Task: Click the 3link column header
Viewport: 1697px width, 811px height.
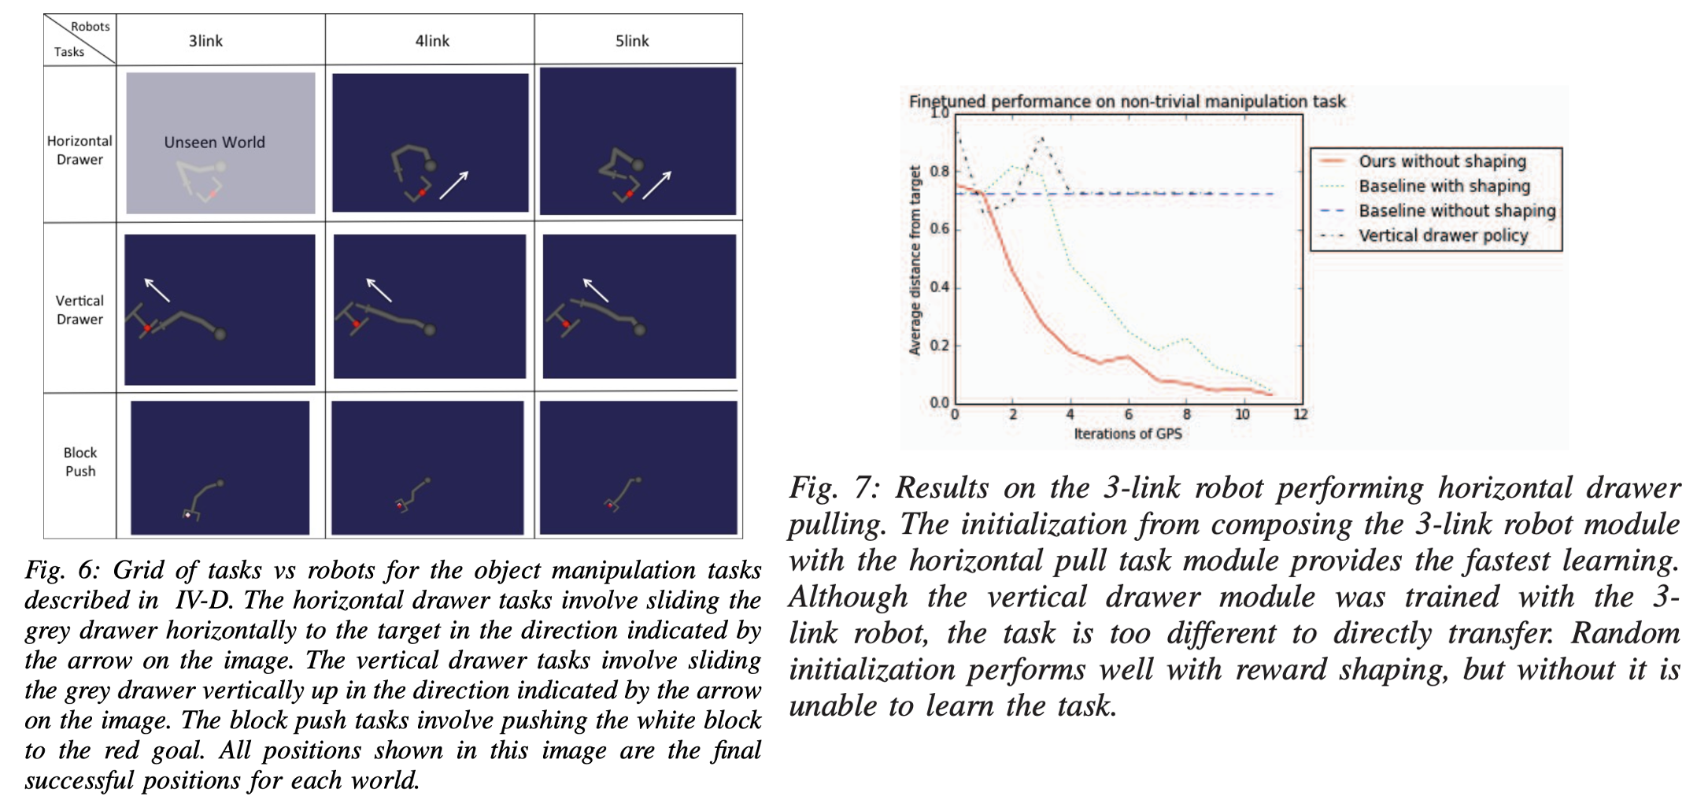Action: coord(205,41)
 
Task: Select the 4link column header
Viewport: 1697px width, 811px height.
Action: coord(432,41)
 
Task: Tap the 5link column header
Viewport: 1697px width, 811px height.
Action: coord(632,41)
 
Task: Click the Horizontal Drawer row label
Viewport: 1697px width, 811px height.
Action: coord(79,150)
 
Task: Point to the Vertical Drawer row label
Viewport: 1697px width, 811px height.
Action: coord(79,309)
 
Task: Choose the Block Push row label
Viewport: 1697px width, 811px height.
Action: coord(80,461)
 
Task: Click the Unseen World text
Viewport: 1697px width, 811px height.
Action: coord(214,143)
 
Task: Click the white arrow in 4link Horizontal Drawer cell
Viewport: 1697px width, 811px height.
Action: coord(453,185)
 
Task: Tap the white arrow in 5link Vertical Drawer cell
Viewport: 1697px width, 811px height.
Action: coord(596,290)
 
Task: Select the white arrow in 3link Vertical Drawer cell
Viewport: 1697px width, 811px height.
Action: coord(157,290)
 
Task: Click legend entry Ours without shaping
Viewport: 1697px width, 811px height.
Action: coord(1442,161)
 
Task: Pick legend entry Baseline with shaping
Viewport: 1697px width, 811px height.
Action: coord(1444,186)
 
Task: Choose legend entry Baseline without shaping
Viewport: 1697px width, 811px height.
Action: coord(1457,211)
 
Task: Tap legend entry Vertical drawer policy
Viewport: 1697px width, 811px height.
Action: coord(1443,235)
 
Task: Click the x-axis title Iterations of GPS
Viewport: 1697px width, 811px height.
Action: coord(1128,433)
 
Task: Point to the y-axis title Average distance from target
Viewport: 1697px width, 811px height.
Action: coord(915,261)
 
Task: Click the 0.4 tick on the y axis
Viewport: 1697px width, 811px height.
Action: coord(940,287)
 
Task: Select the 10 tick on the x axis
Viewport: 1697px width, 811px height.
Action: coord(1242,414)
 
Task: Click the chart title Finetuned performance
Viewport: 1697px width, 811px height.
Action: coord(1127,102)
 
